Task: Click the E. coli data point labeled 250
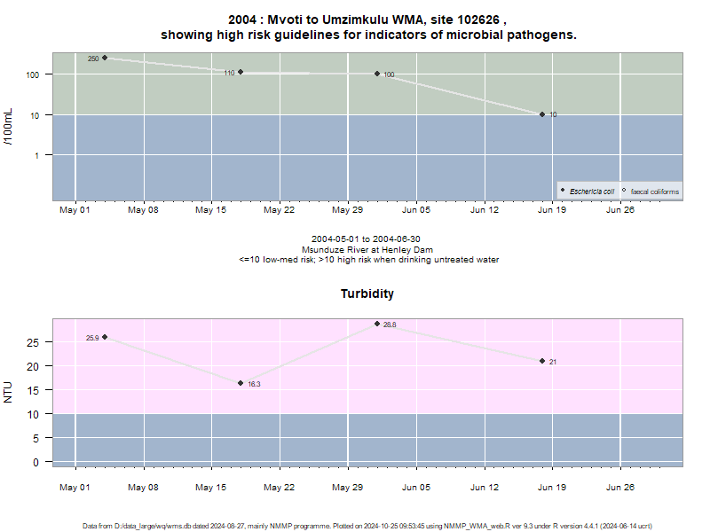pyautogui.click(x=105, y=58)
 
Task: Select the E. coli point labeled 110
pyautogui.click(x=241, y=72)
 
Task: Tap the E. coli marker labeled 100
pyautogui.click(x=377, y=74)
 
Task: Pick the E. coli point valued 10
pyautogui.click(x=542, y=114)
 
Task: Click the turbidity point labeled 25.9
pyautogui.click(x=105, y=337)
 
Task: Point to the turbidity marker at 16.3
pyautogui.click(x=241, y=383)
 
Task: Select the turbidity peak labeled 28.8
pyautogui.click(x=377, y=324)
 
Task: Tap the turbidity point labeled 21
pyautogui.click(x=542, y=361)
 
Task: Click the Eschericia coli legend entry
pyautogui.click(x=588, y=192)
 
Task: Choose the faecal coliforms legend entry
pyautogui.click(x=651, y=192)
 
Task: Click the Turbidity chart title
pyautogui.click(x=367, y=293)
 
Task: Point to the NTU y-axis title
pyautogui.click(x=8, y=392)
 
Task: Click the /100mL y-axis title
pyautogui.click(x=8, y=127)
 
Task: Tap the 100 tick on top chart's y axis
pyautogui.click(x=32, y=74)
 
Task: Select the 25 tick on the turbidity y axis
pyautogui.click(x=33, y=342)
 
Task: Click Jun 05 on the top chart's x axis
pyautogui.click(x=416, y=210)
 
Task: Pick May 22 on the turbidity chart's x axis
pyautogui.click(x=279, y=487)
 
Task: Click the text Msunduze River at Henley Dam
pyautogui.click(x=367, y=250)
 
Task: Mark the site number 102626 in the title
pyautogui.click(x=478, y=20)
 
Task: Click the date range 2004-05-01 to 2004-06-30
pyautogui.click(x=366, y=239)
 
